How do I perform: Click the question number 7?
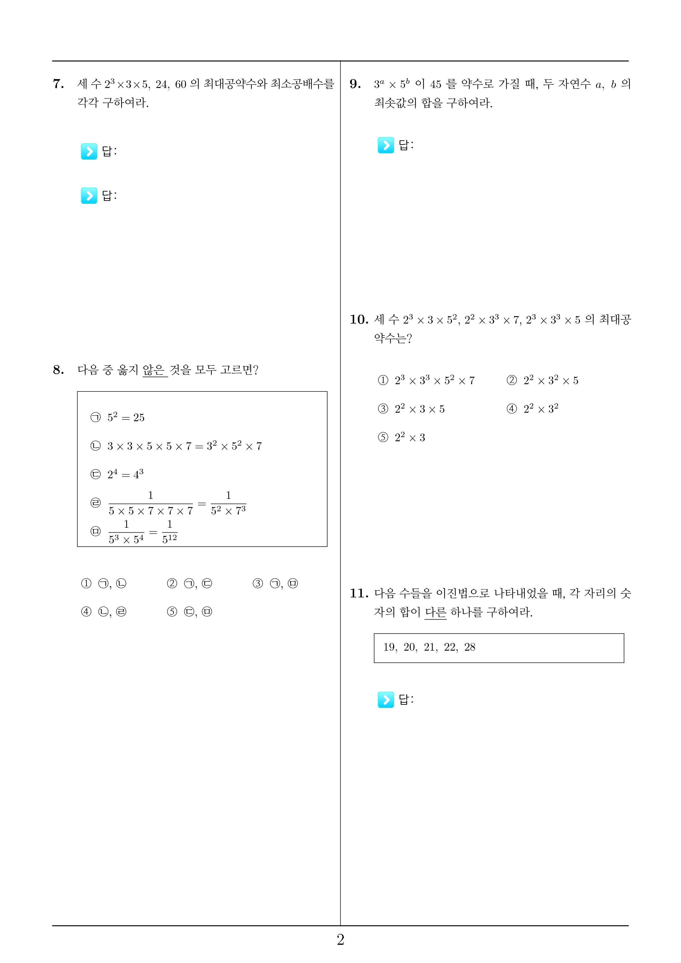point(58,84)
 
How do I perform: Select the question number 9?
point(355,84)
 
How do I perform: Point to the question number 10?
point(359,320)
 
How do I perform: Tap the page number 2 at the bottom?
point(340,939)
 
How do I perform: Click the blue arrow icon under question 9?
point(386,145)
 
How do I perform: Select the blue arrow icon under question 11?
point(386,699)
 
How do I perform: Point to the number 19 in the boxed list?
point(390,647)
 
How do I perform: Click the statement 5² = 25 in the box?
point(125,417)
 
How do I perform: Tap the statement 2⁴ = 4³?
point(125,474)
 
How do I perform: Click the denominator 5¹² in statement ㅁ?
point(169,539)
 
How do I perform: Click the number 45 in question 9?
point(436,84)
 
